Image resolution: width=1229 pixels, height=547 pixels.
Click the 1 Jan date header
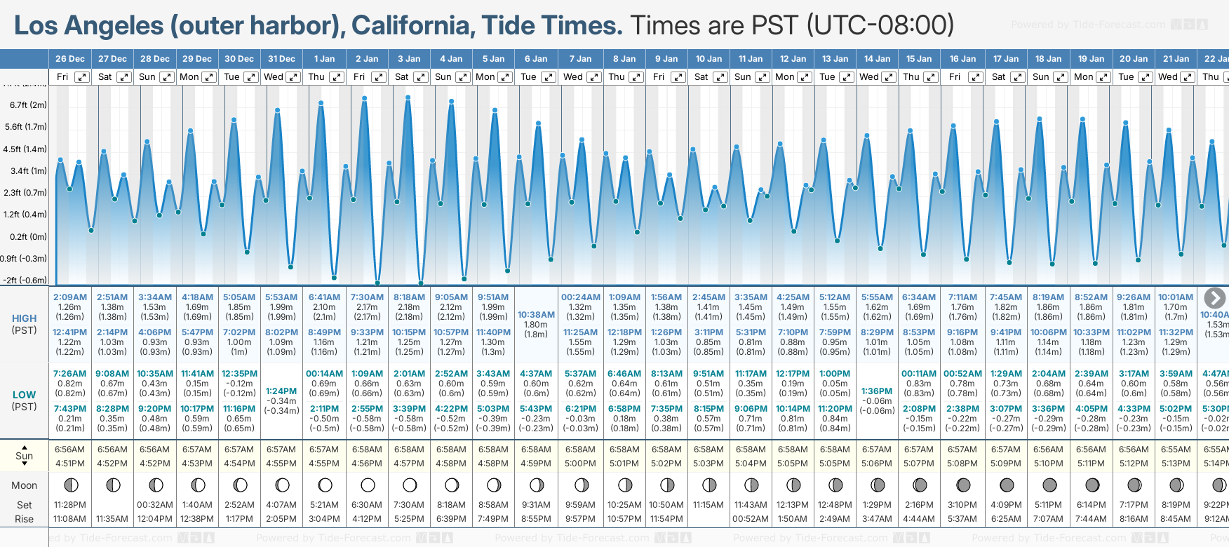pos(324,59)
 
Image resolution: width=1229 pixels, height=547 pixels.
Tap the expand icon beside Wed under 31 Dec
pos(294,77)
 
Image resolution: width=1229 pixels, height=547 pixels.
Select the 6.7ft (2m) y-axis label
pos(28,105)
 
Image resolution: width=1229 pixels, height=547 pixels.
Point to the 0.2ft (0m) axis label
pos(28,236)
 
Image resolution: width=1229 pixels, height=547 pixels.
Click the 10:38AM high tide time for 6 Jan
pos(536,315)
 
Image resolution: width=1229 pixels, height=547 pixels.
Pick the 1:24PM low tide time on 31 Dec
pos(281,391)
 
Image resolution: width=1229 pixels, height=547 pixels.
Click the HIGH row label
pos(25,318)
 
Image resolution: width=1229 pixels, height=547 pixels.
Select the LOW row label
pos(25,395)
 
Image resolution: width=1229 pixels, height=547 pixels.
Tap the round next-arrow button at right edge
pos(1214,298)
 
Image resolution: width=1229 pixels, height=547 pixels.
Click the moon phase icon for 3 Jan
pos(410,485)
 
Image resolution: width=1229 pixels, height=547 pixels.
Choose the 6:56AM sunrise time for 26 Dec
pos(69,450)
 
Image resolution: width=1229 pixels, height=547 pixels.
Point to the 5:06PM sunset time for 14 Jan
pos(877,464)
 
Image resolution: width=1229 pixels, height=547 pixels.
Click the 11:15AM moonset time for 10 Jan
pos(708,505)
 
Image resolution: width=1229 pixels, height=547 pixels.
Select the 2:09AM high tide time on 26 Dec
pos(70,297)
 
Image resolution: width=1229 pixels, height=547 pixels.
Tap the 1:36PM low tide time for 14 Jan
pos(877,391)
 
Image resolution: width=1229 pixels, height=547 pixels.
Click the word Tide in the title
pos(507,25)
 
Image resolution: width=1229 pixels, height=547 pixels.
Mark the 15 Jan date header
pos(919,59)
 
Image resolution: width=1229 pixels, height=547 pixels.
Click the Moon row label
pos(25,485)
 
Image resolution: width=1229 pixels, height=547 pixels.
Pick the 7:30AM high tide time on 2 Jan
pos(368,297)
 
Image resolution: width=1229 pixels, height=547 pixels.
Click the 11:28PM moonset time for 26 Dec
pos(69,505)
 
